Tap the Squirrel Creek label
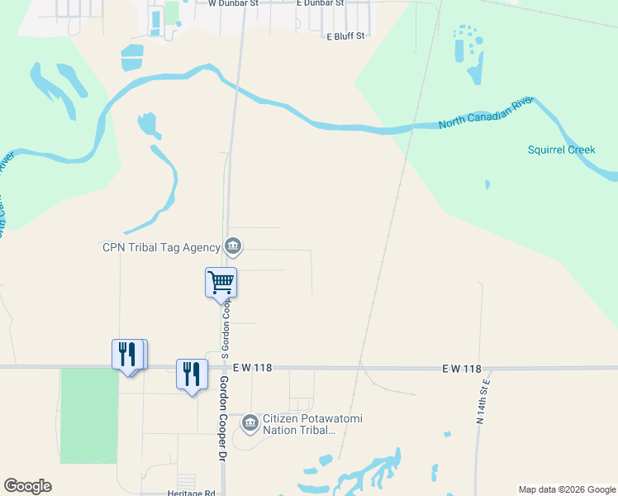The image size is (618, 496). pos(561,150)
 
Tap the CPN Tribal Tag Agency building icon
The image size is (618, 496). pos(233,246)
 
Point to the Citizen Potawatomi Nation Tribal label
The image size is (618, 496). pos(312,424)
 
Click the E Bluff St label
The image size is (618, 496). pos(345,36)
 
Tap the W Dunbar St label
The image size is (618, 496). pos(233,3)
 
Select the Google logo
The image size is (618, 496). pos(27,486)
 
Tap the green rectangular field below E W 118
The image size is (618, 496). pos(89,415)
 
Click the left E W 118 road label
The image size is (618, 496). pos(253,367)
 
